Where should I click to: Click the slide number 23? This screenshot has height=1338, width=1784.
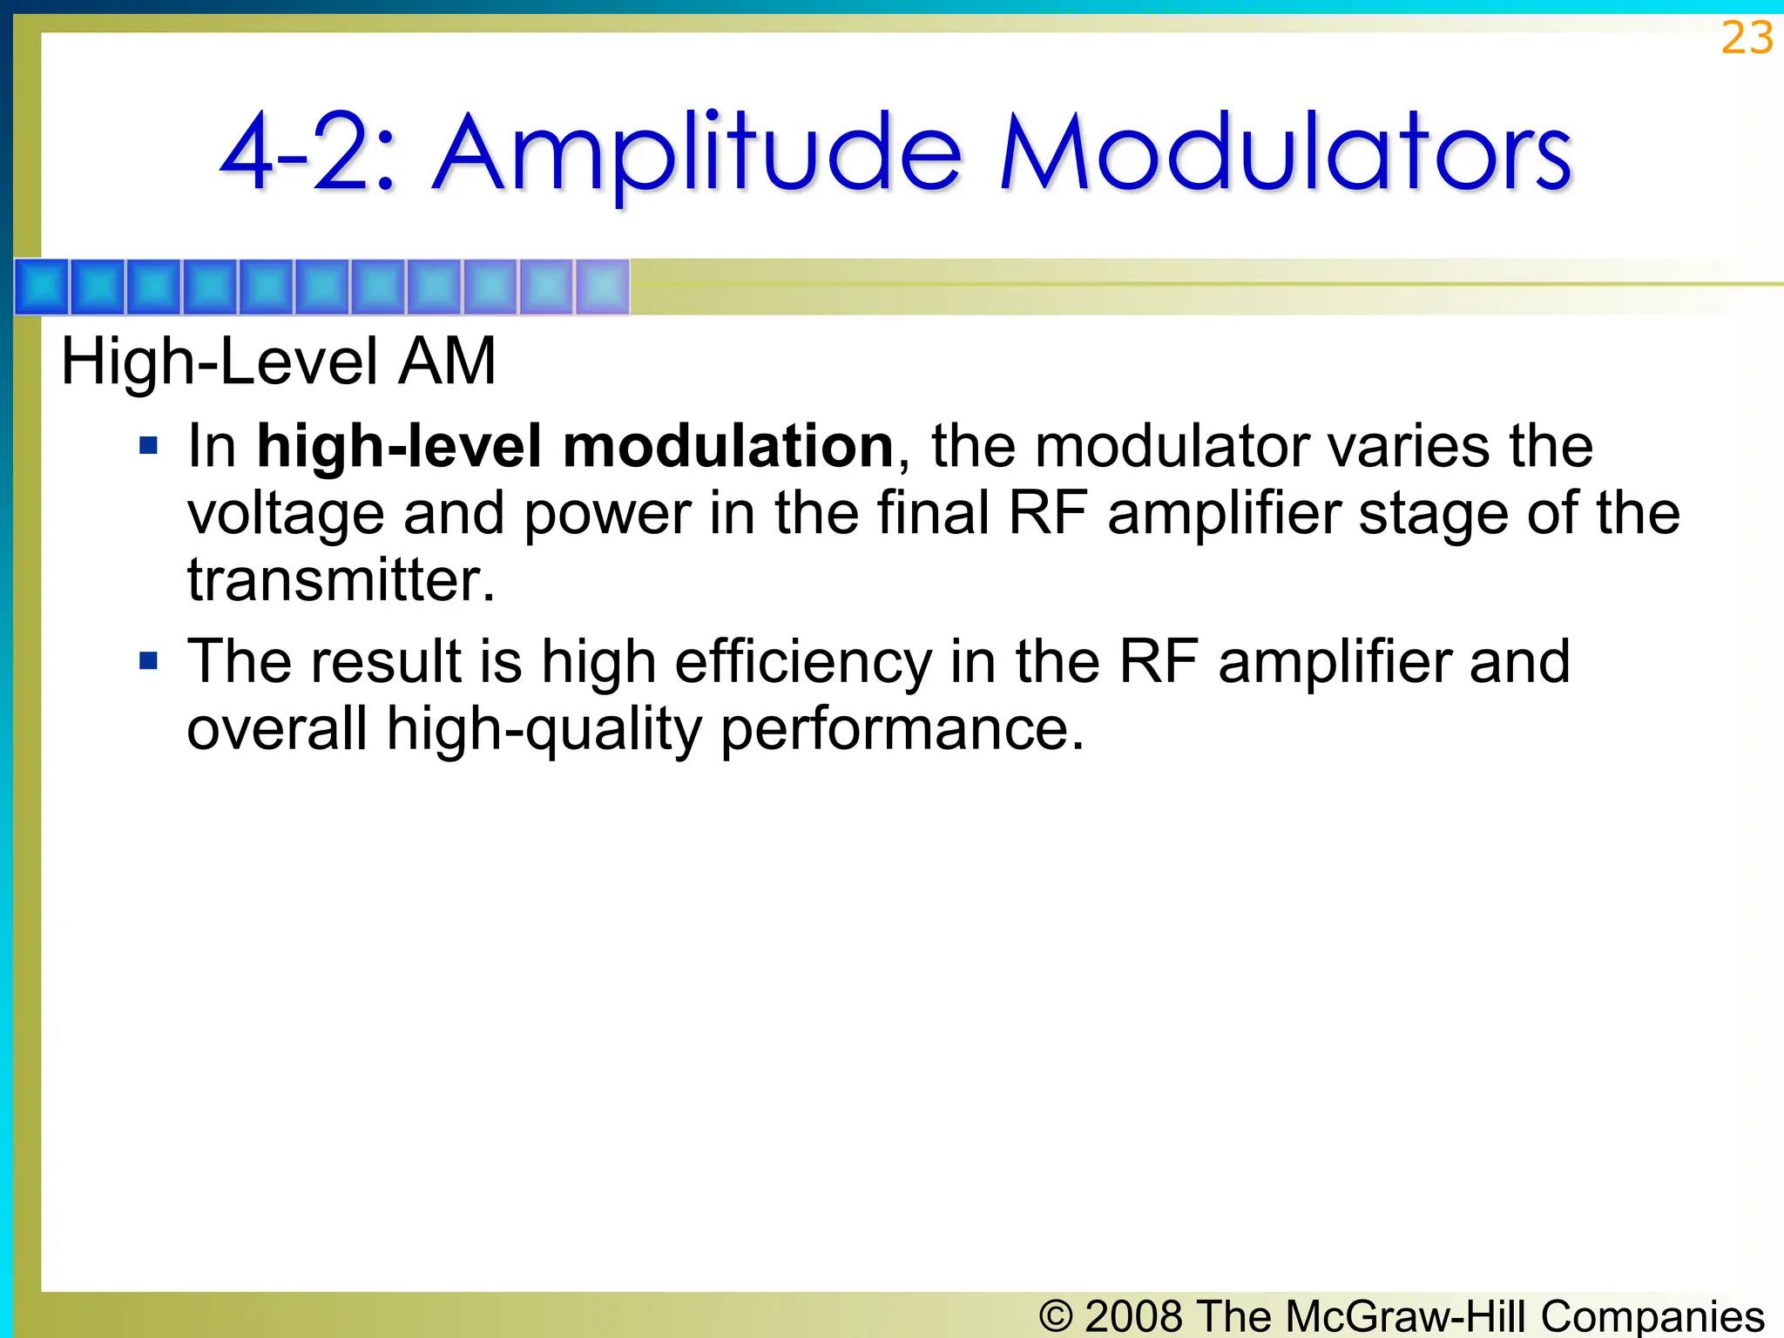pos(1747,38)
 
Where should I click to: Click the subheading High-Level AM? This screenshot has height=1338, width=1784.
pos(278,362)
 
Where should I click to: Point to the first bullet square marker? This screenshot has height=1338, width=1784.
pos(149,446)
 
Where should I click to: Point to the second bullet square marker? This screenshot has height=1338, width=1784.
pos(149,661)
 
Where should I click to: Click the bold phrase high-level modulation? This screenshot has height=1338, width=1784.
pos(575,446)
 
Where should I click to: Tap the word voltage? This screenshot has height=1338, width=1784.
pos(286,514)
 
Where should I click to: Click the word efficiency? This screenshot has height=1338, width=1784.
pos(802,662)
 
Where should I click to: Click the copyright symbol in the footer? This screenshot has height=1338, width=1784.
pos(1056,1316)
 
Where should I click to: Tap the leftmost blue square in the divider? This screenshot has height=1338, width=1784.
pos(43,287)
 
